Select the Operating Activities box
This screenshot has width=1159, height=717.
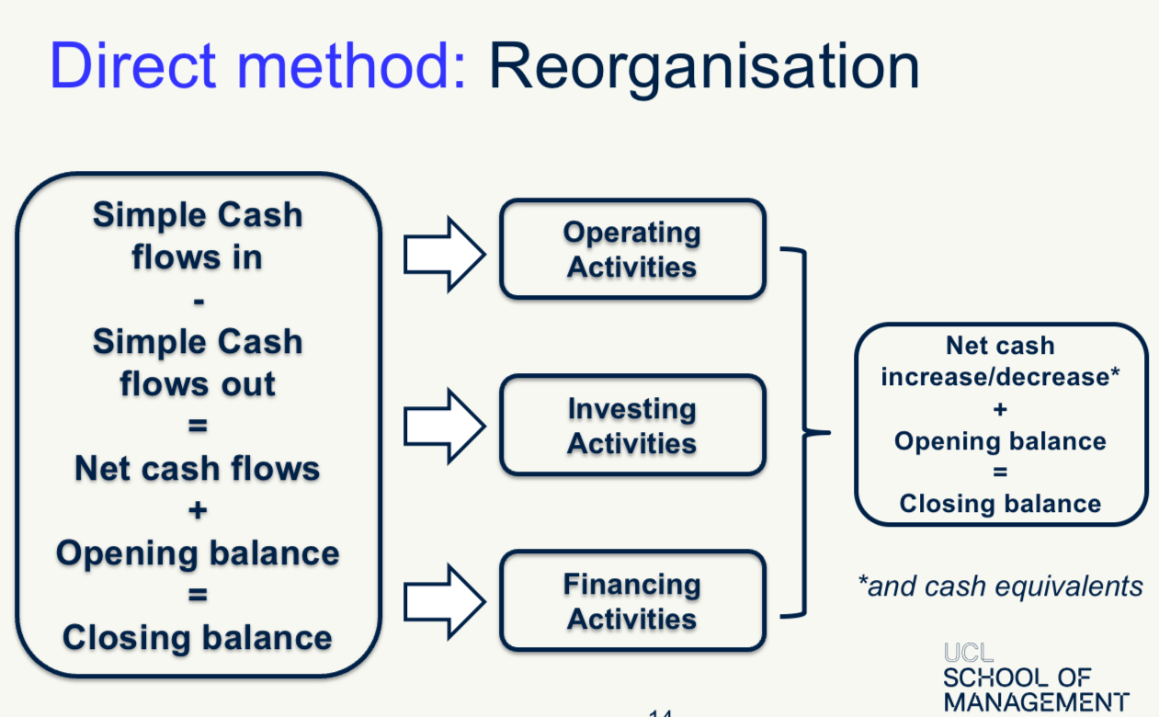tap(631, 249)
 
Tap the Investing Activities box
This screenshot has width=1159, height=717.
tap(631, 425)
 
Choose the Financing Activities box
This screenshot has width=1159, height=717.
tap(631, 601)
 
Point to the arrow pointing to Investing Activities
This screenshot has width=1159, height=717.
tap(444, 425)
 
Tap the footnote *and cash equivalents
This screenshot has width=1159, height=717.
tap(1000, 586)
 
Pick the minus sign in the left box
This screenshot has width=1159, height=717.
tap(198, 300)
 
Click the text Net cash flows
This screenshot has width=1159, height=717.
tap(198, 468)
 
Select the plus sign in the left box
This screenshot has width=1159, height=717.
tap(198, 510)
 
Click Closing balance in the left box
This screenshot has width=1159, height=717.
tap(198, 637)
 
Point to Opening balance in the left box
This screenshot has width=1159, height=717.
tap(198, 553)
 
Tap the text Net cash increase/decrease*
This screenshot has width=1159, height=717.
tap(1000, 361)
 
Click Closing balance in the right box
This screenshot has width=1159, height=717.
tap(1000, 504)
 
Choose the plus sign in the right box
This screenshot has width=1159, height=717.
tap(1000, 410)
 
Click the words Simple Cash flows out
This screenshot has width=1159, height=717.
tap(198, 362)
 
